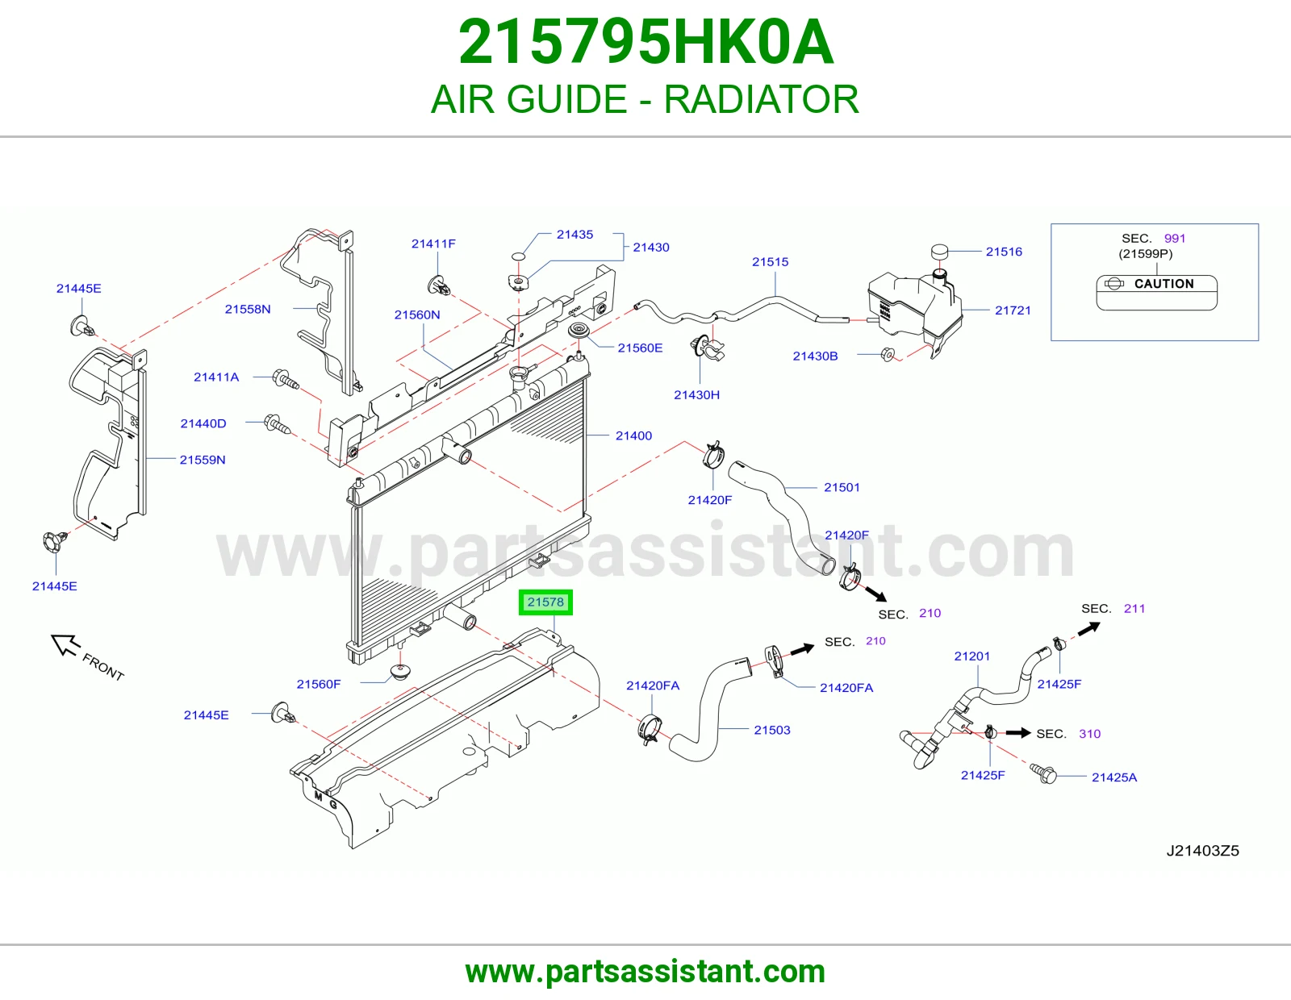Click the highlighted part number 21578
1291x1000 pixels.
545,602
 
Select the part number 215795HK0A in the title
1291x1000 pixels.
645,42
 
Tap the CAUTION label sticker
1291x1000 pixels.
1157,292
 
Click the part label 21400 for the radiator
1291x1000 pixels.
633,435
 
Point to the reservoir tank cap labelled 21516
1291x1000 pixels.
938,251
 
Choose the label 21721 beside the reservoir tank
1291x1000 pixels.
1013,310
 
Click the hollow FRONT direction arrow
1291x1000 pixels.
65,645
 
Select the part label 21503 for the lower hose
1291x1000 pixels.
771,730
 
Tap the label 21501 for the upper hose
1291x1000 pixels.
842,487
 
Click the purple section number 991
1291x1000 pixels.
1175,238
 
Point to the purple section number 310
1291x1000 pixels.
1089,733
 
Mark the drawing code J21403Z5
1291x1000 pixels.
1202,851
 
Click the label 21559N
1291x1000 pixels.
203,460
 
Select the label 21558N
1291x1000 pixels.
248,309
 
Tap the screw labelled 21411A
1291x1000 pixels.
285,379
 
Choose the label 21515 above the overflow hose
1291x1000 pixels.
770,261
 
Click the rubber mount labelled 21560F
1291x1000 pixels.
400,673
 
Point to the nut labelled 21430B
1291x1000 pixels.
887,354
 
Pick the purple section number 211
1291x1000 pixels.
1134,608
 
